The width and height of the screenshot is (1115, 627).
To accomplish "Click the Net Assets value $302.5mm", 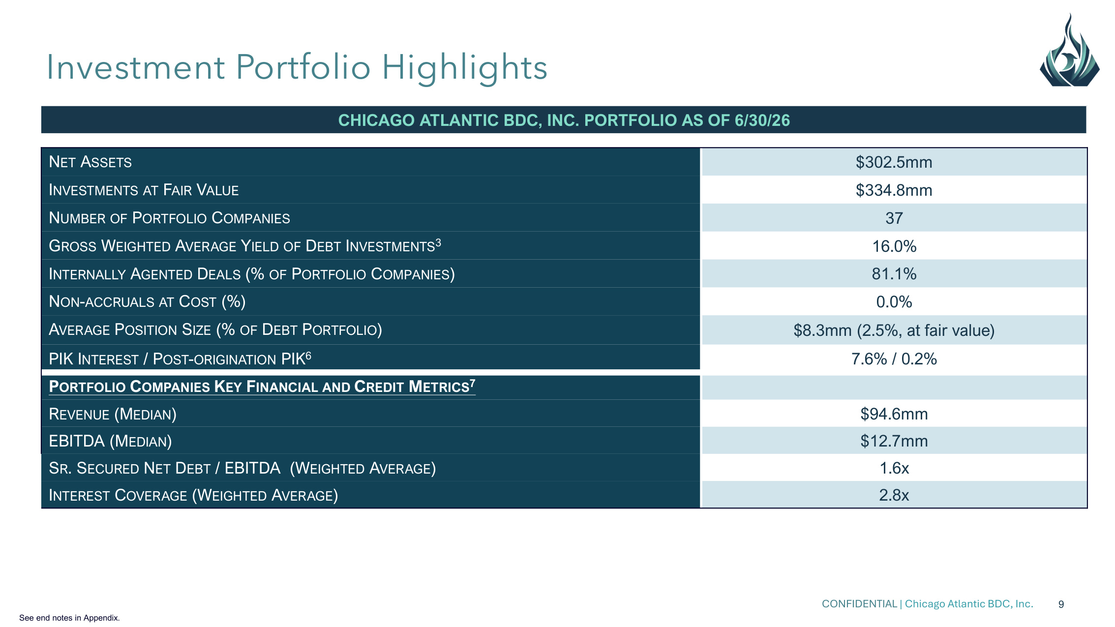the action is [894, 162].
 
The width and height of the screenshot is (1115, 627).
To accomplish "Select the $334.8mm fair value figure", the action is [894, 190].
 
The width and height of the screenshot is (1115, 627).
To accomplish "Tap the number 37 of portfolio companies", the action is [894, 218].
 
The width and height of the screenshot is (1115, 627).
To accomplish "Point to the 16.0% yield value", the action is [894, 246].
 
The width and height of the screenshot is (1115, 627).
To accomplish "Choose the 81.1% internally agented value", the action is [894, 274].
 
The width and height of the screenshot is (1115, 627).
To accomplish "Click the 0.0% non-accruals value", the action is [894, 302].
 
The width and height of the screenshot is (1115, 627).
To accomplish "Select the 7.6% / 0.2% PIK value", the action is [894, 359].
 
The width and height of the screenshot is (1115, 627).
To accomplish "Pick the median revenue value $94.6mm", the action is [894, 414].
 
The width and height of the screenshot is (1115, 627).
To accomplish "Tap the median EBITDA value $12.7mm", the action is [894, 441].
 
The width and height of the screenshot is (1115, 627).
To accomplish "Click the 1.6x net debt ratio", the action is [894, 468].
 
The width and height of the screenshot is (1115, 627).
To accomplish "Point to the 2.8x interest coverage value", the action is [894, 495].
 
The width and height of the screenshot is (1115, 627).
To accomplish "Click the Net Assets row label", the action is [90, 162].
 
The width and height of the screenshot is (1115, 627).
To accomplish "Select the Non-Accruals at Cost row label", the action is [147, 301].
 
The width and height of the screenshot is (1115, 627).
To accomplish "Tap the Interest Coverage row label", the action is [193, 495].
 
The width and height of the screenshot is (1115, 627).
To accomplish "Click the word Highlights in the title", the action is [464, 67].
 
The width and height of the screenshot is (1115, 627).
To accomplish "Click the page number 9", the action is [1061, 604].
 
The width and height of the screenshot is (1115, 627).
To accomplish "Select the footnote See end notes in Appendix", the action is [69, 618].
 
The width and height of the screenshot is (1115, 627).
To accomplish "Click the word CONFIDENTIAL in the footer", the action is [859, 604].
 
